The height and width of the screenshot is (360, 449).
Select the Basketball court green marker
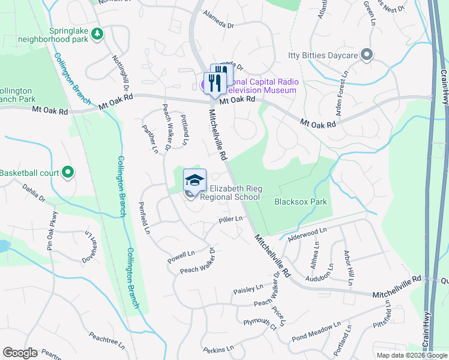[x=68, y=173]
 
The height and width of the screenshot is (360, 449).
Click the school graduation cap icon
[x=194, y=180]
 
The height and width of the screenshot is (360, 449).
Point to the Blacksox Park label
[x=301, y=202]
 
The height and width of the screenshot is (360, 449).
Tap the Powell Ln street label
[x=182, y=256]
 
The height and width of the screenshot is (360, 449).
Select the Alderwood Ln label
[x=307, y=232]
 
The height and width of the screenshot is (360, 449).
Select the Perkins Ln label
[x=217, y=349]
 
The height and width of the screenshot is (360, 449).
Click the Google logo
[x=20, y=353]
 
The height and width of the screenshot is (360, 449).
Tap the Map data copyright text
[x=412, y=355]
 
